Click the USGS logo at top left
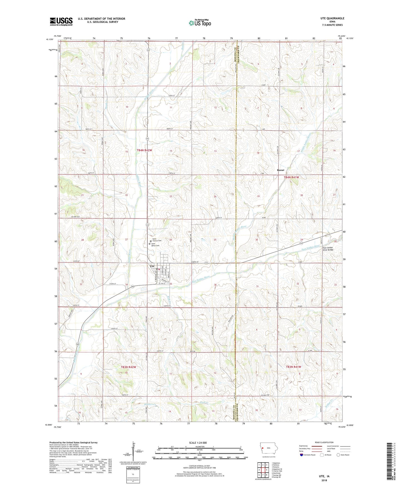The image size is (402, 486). [x=61, y=21]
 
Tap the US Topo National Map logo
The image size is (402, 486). [x=200, y=23]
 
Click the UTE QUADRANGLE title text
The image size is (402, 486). [x=332, y=18]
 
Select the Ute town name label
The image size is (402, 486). [x=152, y=266]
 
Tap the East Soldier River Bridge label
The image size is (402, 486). [x=328, y=249]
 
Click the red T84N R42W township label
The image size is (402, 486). [x=144, y=150]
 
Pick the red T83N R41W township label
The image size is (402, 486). [x=294, y=367]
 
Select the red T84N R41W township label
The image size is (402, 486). [x=291, y=177]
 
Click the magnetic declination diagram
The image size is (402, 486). [x=134, y=451]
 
